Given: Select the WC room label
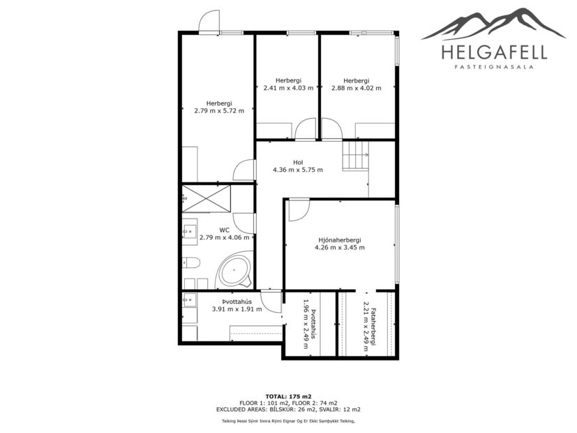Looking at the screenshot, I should coord(225,229).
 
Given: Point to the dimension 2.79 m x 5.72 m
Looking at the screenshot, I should coord(219,110).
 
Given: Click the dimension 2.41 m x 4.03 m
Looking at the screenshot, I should coord(288,88).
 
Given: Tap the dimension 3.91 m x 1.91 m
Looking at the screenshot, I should coord(237,309).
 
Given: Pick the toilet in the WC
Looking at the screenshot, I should coord(192,263).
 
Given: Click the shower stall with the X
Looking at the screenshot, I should coord(207,197).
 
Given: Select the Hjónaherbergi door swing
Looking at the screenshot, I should coord(299,210).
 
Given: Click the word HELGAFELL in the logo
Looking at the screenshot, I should coord(494,52).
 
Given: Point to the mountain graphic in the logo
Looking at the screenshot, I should coord(494,24).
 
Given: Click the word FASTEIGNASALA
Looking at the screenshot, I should coord(494,68).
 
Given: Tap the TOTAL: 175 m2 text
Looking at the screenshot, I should coord(288,397).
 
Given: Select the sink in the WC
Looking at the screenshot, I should coord(189,230).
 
